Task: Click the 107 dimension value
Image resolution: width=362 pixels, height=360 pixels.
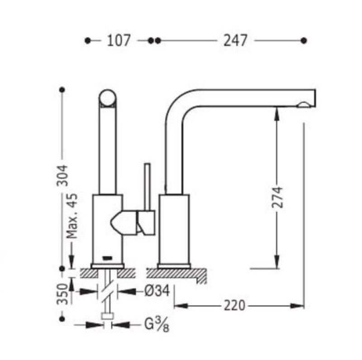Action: tap(119, 40)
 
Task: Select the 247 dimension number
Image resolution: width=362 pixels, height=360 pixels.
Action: tap(235, 40)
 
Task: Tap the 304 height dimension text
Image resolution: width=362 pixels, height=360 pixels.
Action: tap(62, 176)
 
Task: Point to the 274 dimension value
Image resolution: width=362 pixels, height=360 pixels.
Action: tap(277, 197)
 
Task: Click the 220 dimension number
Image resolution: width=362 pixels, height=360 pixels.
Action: tap(234, 306)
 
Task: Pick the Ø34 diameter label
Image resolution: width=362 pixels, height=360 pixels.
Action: tap(157, 291)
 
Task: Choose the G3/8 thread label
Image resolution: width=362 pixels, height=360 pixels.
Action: tap(157, 324)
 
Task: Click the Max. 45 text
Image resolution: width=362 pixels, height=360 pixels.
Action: tap(72, 216)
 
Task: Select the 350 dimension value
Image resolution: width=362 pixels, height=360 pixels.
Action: tap(62, 294)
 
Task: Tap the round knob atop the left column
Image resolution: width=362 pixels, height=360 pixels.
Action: tap(108, 98)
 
